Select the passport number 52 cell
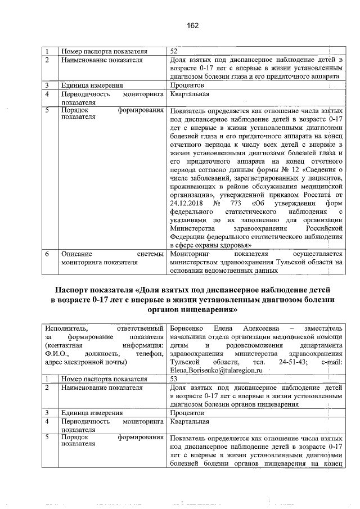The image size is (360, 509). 174,52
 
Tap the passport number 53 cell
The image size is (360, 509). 174,380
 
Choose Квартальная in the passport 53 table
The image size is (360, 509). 190,421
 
